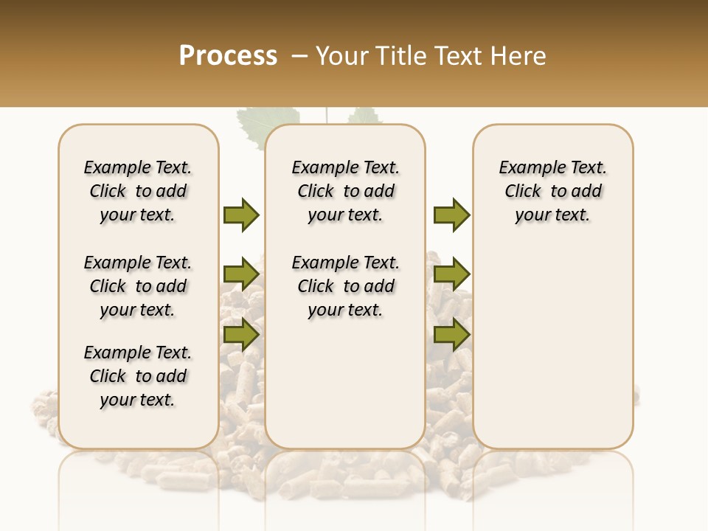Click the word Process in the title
[x=228, y=56]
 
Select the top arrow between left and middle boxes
[x=241, y=215]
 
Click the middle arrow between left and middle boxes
[x=241, y=274]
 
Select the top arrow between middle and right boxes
[x=451, y=215]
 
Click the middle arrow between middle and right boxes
[x=451, y=274]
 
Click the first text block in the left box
[x=138, y=191]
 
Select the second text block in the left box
[x=138, y=286]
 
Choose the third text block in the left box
[x=138, y=376]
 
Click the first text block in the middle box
[x=346, y=191]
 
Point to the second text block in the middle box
[x=346, y=286]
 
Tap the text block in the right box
[x=553, y=191]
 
